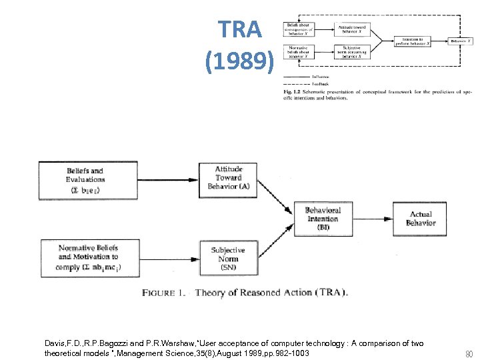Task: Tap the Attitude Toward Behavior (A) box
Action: (229, 178)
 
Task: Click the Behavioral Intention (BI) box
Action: (323, 219)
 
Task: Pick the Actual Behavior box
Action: (421, 219)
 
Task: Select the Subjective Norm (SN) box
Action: (228, 259)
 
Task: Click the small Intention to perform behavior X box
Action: (412, 40)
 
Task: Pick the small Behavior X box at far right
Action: (460, 40)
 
